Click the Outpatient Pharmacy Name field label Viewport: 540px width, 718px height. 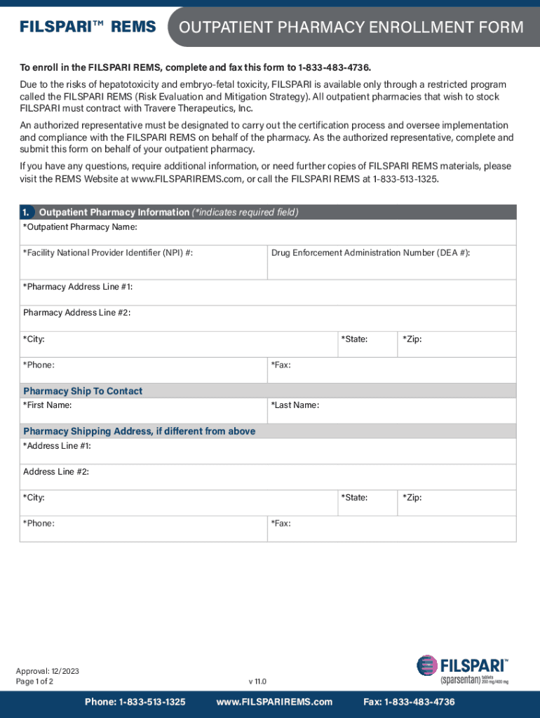coord(80,227)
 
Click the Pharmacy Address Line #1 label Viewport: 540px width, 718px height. coord(78,287)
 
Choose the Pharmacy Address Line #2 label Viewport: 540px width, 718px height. coord(76,313)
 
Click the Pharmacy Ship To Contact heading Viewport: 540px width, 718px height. coord(83,391)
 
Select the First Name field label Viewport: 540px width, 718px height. coord(47,405)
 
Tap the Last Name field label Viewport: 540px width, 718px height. coord(295,405)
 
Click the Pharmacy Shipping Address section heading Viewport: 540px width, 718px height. coord(139,431)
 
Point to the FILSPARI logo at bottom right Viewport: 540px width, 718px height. coord(463,670)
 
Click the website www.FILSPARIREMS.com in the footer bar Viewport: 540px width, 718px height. coord(274,702)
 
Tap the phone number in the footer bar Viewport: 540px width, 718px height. coord(135,702)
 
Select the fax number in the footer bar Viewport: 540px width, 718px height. coord(409,702)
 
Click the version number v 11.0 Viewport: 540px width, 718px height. coord(257,682)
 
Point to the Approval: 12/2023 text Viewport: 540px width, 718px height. coord(48,671)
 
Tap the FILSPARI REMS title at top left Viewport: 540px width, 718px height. coord(88,27)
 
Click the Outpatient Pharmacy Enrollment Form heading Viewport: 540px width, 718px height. coord(351,27)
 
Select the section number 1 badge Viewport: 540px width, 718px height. coord(25,212)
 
